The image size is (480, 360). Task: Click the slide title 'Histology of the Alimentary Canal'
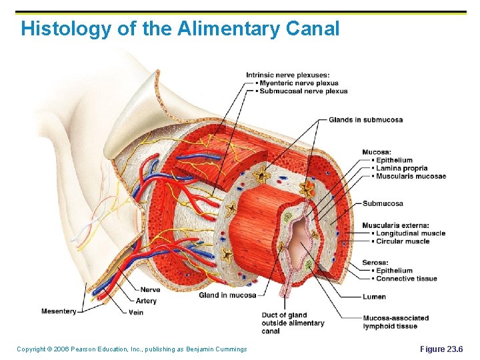[x=180, y=29]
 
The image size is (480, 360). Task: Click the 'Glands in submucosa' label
[x=365, y=120]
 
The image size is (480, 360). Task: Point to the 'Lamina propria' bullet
[x=401, y=169]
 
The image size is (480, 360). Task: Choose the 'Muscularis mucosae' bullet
[x=409, y=177]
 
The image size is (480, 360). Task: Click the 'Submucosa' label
[x=383, y=203]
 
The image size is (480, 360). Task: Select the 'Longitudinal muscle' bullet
[x=409, y=233]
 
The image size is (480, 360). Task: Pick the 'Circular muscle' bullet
[x=402, y=241]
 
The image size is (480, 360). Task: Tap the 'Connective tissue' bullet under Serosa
[x=405, y=279]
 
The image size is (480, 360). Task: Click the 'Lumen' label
[x=374, y=297]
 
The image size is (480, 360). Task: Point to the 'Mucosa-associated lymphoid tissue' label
[x=395, y=322]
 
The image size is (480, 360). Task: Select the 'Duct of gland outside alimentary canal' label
[x=293, y=323]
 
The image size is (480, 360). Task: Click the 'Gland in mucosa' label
[x=227, y=295]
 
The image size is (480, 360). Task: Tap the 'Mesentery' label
[x=59, y=311]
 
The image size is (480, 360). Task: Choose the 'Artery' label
[x=146, y=301]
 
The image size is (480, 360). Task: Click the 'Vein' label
[x=135, y=312]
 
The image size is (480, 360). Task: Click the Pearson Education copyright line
[x=131, y=349]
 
